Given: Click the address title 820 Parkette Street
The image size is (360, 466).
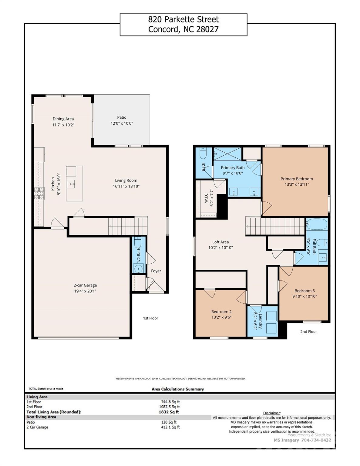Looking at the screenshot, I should click(x=183, y=19).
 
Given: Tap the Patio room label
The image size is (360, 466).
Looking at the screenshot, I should click(x=122, y=117).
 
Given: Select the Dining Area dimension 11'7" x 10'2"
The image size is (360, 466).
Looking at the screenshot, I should click(x=63, y=125).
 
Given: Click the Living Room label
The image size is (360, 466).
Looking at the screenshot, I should click(x=126, y=181).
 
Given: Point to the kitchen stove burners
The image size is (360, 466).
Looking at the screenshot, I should click(x=39, y=194).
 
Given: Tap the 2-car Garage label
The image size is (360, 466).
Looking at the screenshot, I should click(x=85, y=285).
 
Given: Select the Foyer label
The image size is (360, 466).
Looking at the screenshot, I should click(x=156, y=271).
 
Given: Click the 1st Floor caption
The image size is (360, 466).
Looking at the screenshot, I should click(x=151, y=318).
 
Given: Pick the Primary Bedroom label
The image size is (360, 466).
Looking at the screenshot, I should click(x=297, y=179).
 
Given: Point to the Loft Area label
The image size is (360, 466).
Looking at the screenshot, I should click(x=220, y=242).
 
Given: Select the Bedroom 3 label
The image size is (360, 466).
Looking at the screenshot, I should click(x=304, y=291).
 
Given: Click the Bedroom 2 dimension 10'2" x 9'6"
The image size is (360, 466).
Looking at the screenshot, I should click(x=221, y=317).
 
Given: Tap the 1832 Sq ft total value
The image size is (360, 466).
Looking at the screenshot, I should click(x=169, y=412).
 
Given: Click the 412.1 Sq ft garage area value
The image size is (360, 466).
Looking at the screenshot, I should click(x=170, y=427).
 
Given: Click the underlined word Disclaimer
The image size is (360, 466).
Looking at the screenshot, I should click(x=272, y=413).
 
